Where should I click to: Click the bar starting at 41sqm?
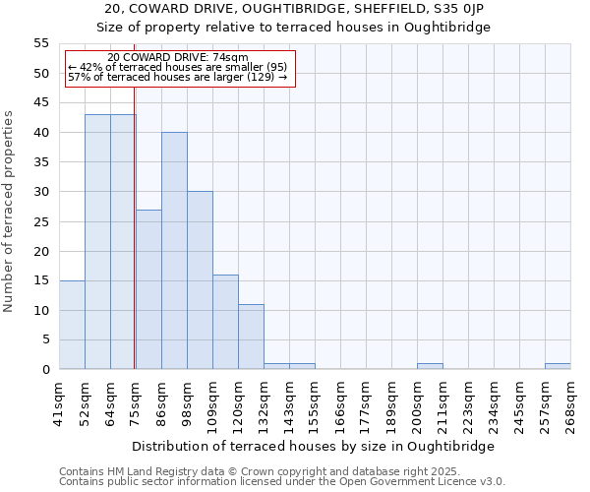(x=72, y=325)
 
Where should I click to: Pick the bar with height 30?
(x=200, y=280)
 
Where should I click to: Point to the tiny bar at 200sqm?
(x=430, y=366)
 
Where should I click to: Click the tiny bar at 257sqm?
(x=558, y=366)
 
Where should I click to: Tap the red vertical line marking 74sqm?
(x=134, y=246)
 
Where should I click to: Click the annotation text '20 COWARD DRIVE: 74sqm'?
(x=178, y=58)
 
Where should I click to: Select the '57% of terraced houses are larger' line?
(x=178, y=77)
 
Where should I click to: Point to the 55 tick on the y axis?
(x=40, y=43)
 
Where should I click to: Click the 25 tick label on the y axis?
(x=40, y=221)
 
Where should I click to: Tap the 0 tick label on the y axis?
(x=44, y=370)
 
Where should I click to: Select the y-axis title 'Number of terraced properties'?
(x=9, y=211)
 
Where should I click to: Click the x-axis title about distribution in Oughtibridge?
(x=313, y=446)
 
